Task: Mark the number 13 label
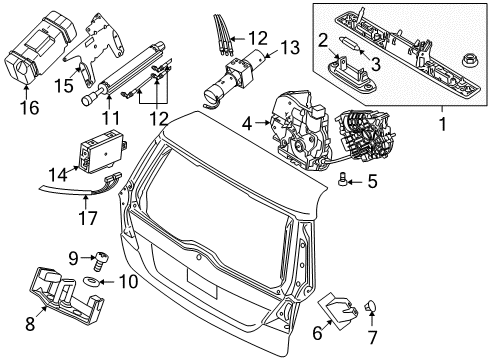pos(289,46)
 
